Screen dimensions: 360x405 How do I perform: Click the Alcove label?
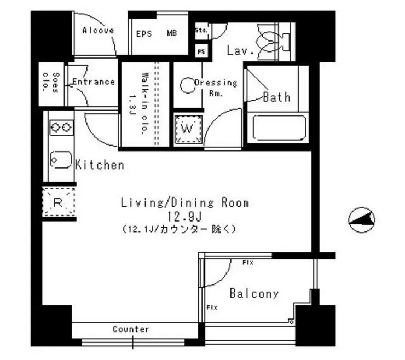98,31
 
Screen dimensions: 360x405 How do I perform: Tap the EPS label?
144,33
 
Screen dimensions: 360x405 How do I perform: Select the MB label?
172,33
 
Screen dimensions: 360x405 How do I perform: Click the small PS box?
201,52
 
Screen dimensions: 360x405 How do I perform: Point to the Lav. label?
240,51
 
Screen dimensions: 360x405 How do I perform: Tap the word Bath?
276,97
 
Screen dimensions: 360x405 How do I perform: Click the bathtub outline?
279,128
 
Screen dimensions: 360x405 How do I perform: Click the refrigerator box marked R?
59,202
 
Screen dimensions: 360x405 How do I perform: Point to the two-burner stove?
61,127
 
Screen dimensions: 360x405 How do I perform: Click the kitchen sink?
61,159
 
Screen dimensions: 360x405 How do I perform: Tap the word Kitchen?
99,165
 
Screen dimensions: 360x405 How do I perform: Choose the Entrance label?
93,82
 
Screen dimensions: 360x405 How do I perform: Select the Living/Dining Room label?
184,203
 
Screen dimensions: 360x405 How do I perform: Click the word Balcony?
253,294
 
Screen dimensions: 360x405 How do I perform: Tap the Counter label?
131,329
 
